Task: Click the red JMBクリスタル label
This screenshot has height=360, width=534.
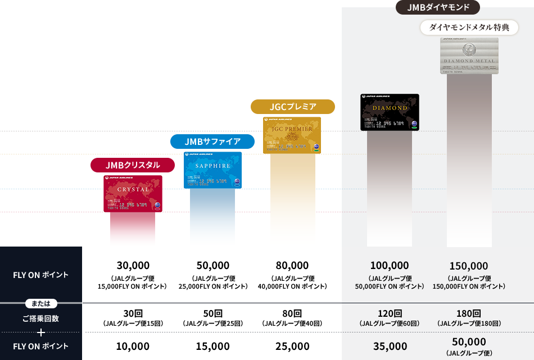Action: coord(133,165)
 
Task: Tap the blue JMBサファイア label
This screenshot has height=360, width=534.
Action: coord(212,142)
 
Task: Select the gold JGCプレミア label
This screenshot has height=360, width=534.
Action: coord(292,107)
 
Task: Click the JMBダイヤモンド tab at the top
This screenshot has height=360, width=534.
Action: coord(439,7)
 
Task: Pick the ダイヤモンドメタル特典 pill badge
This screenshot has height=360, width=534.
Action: coord(469,27)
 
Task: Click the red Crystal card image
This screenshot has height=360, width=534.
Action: coord(133,193)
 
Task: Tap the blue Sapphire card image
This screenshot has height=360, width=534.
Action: coord(212,170)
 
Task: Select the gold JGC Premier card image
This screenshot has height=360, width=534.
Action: coord(292,135)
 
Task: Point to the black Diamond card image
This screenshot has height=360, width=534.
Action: coord(390,112)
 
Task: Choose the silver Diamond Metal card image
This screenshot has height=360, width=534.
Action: coord(469,55)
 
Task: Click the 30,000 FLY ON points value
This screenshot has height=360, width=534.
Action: coord(133,265)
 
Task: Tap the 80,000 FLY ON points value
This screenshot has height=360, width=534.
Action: coord(292,265)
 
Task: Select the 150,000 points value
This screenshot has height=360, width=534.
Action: coord(469,266)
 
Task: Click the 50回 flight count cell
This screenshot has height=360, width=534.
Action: coord(213,313)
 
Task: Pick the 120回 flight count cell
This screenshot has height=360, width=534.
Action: coord(390,313)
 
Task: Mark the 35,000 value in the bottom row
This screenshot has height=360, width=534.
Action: coord(390,347)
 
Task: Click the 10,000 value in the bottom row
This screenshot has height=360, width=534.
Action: coord(133,347)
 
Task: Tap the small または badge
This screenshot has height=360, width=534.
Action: coord(41,304)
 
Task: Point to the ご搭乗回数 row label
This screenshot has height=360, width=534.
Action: coord(40,318)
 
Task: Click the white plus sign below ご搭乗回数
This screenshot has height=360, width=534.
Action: coord(41,332)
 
